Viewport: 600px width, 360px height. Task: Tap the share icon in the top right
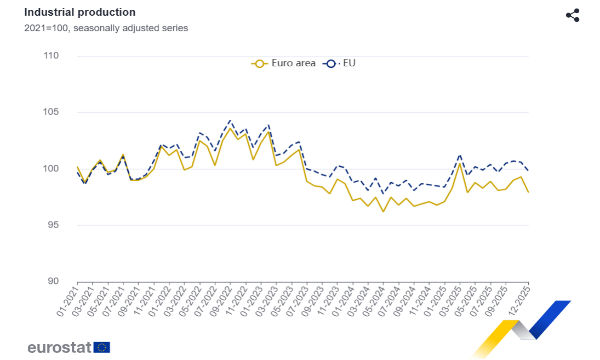[x=573, y=15]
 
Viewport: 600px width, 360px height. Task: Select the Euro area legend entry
[x=284, y=63]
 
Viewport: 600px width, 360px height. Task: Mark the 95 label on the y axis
[x=52, y=225]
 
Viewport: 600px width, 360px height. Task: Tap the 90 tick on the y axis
[x=52, y=281]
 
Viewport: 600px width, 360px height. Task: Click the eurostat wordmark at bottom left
[x=53, y=346]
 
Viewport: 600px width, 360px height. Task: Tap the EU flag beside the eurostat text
[x=101, y=346]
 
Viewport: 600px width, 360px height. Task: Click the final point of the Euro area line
[x=529, y=191]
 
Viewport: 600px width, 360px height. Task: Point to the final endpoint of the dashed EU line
[x=529, y=170]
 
